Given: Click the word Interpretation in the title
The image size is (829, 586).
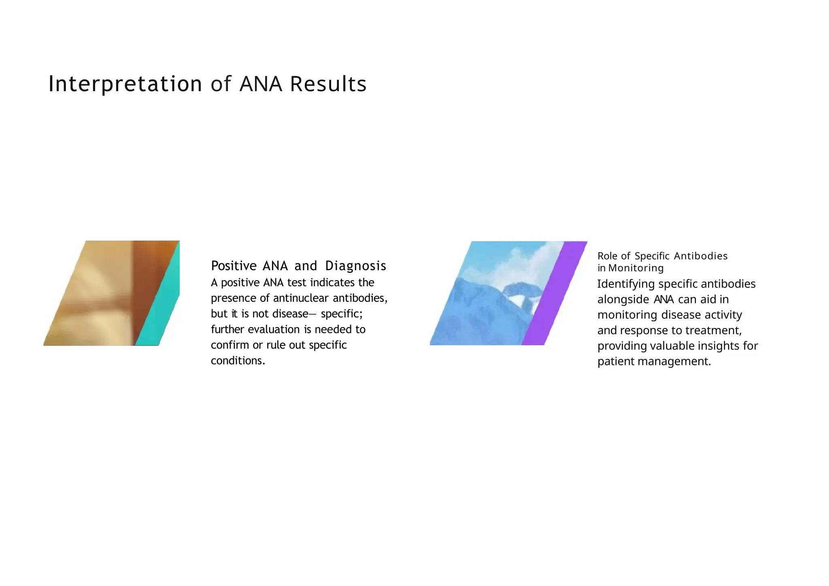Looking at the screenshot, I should click(x=125, y=84).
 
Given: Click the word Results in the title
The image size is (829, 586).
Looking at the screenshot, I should click(x=328, y=84).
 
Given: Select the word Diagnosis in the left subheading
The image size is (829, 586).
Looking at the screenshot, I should click(x=355, y=266).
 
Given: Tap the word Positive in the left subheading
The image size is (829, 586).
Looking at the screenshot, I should click(x=234, y=266).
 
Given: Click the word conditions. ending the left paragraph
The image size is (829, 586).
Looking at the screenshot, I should click(x=238, y=361).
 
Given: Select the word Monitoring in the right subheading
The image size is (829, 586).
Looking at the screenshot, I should click(x=636, y=268).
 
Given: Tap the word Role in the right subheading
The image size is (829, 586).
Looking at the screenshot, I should click(x=607, y=256).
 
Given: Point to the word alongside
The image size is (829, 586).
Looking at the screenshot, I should click(x=623, y=300).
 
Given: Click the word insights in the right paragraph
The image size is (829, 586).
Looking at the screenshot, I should click(x=706, y=346).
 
